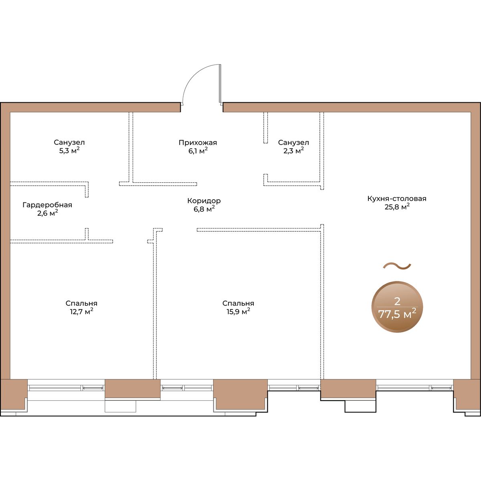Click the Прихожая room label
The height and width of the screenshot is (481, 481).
pos(198,143)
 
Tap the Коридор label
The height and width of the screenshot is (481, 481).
pos(204,201)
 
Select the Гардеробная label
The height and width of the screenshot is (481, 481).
pos(47,205)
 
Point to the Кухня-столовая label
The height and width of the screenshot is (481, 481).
pos(397,199)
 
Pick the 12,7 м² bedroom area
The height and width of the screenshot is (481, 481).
pos(81,312)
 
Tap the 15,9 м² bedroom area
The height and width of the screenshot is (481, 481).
pos(238,312)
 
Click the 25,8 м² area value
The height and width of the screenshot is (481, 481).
pos(397,207)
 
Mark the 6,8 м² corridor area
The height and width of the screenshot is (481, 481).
pos(204,209)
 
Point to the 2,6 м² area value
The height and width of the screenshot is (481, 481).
pos(48,213)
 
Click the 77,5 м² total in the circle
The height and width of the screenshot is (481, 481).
pos(397,314)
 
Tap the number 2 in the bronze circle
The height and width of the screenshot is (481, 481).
pos(397,301)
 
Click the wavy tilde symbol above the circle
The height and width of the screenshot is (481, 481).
pos(397,266)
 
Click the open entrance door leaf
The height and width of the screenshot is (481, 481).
pos(220,84)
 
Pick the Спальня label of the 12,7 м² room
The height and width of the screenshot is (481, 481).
pos(81,303)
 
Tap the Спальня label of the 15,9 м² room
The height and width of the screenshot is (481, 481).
pos(238,303)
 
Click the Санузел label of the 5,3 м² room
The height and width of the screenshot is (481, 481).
pos(69,143)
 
